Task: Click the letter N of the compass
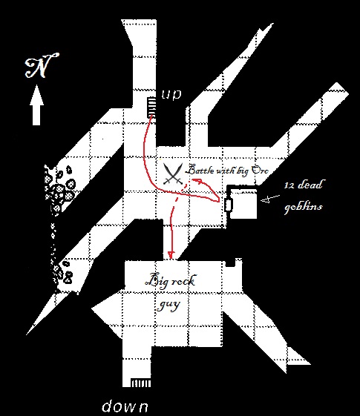42,65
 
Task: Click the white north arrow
36,105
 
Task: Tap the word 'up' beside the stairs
171,94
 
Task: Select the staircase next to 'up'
151,108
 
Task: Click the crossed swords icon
173,174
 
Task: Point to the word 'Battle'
200,170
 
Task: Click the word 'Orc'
260,170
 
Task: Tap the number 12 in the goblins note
289,185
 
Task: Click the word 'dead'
310,185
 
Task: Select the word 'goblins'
303,206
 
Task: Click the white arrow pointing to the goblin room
270,199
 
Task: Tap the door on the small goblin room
229,205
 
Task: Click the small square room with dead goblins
243,203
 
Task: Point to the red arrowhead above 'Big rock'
171,255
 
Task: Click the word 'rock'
183,281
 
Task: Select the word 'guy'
168,305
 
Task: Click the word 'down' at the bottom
125,406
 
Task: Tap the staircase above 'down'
141,383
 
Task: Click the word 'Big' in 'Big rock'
156,280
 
